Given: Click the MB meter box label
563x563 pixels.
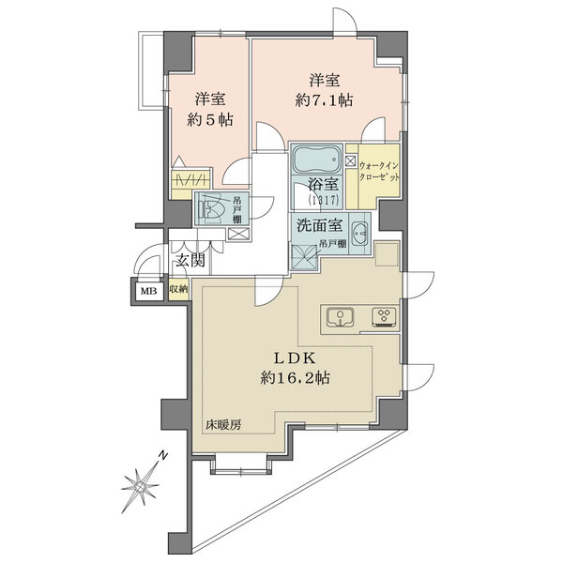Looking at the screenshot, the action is click(148, 291).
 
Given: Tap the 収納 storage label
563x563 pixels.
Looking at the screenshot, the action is click(179, 289).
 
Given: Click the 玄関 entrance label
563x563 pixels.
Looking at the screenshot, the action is click(190, 259).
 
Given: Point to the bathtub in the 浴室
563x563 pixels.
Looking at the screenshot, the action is click(316, 159).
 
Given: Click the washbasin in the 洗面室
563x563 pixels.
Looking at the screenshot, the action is click(359, 234).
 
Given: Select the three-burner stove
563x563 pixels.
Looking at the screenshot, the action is click(384, 317).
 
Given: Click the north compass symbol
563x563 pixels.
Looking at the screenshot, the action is click(140, 486).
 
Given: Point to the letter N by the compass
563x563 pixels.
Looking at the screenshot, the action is click(163, 455).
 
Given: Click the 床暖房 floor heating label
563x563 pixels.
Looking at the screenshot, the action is click(223, 425).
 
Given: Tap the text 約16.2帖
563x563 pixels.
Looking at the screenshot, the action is click(296, 378).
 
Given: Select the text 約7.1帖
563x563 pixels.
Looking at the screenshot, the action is click(324, 100).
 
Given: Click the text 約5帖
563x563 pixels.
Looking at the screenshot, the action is click(210, 119).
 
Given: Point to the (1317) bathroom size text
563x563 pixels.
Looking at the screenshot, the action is click(323, 201).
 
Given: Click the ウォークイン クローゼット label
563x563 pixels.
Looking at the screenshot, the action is click(379, 172).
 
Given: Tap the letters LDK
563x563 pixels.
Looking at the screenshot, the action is click(295, 358).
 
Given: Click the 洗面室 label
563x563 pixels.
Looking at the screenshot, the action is click(320, 225).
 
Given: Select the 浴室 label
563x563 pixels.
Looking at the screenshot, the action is click(323, 185).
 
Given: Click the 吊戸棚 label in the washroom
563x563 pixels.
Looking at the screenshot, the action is click(332, 244).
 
